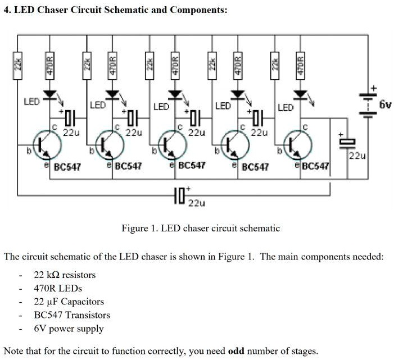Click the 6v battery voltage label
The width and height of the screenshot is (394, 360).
tap(385, 105)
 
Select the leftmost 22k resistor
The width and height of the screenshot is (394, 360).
tap(18, 65)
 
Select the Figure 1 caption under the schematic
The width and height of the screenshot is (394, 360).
tap(201, 229)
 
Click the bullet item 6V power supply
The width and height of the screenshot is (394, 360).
tap(69, 329)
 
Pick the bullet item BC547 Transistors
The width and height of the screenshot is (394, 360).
tap(72, 315)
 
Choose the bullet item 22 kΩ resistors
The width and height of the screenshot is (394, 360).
tap(65, 275)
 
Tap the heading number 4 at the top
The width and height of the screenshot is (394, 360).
tap(6, 11)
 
